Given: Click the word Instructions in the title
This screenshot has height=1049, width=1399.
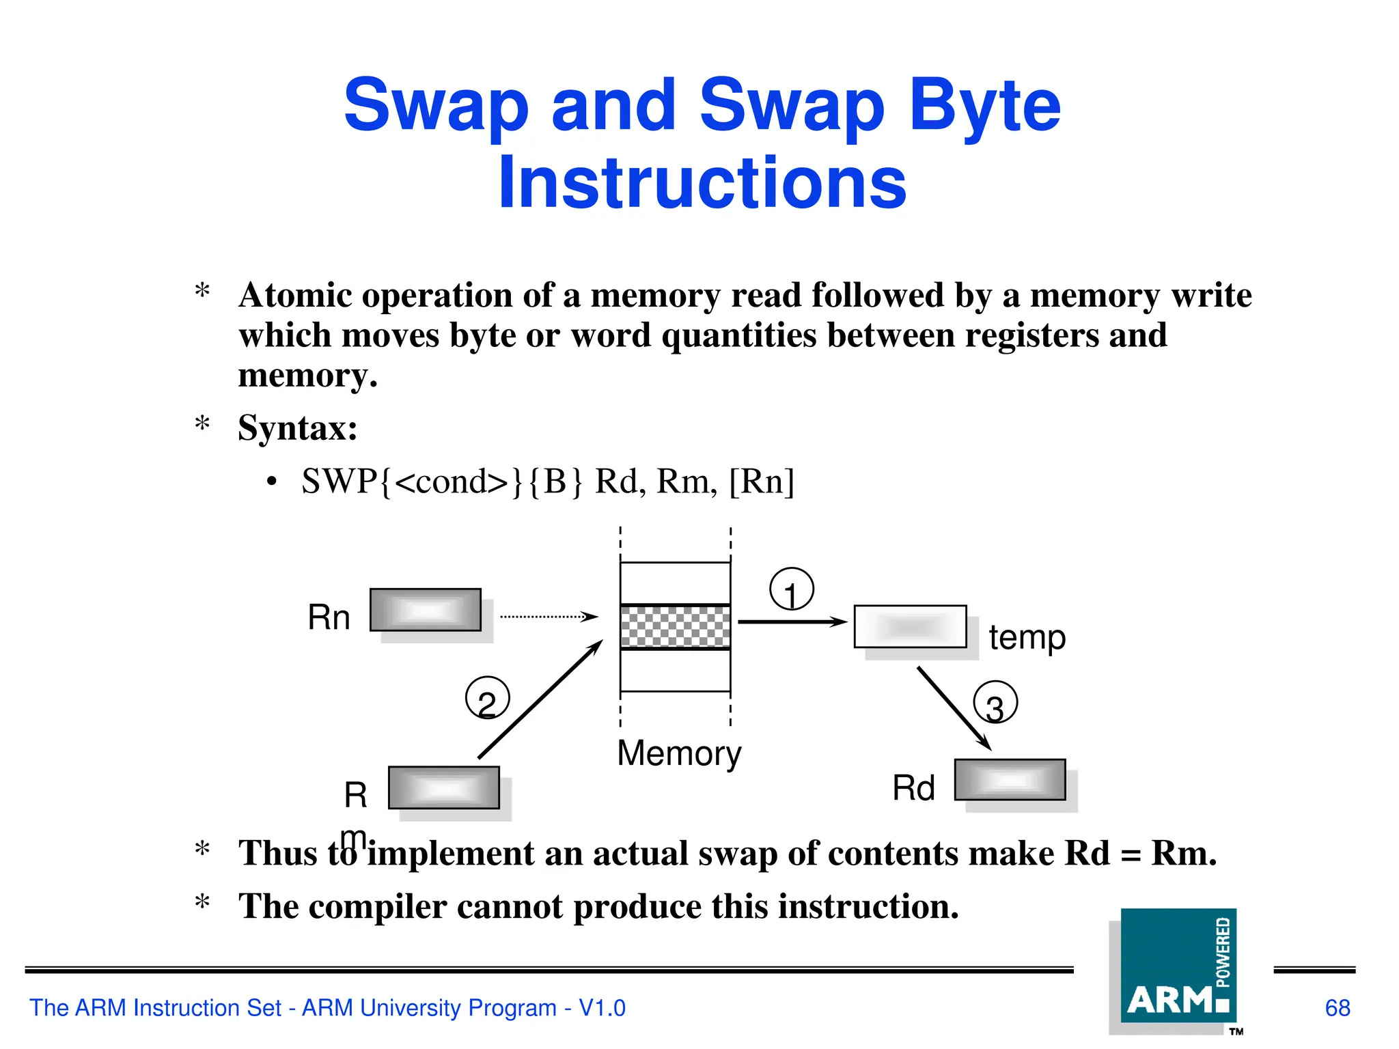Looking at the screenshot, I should [702, 183].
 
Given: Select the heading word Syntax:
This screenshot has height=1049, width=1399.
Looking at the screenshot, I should [298, 429].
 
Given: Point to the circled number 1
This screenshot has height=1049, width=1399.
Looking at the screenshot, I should [792, 589].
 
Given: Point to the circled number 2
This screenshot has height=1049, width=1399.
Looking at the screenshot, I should [487, 698].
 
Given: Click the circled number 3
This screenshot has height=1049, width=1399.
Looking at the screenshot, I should [995, 703].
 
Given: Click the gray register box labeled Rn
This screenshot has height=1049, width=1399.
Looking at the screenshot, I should [426, 610].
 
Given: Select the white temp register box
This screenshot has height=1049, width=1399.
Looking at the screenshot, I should [910, 626].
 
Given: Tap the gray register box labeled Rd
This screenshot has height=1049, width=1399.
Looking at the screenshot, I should [1010, 779].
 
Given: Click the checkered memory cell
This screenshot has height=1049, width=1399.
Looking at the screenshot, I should [675, 627].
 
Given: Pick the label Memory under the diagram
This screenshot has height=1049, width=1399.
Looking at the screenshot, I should [679, 754].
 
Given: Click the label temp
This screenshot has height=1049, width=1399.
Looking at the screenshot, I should [1027, 638].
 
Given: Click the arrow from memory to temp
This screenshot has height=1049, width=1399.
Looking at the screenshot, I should [792, 621].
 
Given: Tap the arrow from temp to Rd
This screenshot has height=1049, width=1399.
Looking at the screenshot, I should [954, 708].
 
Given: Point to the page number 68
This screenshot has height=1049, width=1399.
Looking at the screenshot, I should [1337, 1008].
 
